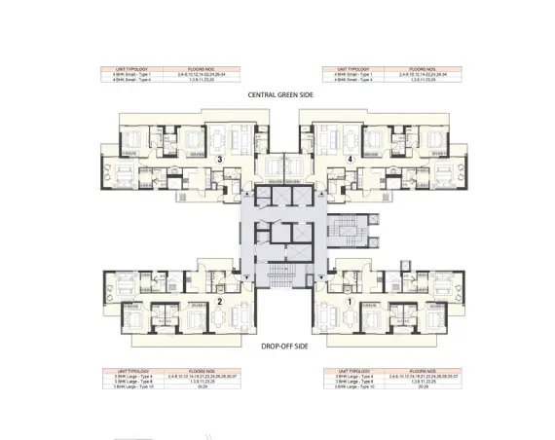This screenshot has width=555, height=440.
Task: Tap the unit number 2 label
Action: [221, 303]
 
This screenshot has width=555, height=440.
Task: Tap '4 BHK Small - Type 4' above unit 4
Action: [353, 80]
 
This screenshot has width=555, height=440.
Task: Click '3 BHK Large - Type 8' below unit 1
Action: [356, 380]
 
